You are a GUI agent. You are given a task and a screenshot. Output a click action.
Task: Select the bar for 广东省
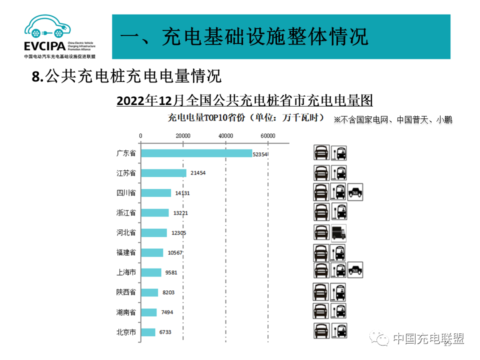pyautogui.click(x=196, y=153)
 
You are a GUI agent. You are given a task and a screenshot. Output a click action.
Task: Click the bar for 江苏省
pyautogui.click(x=163, y=173)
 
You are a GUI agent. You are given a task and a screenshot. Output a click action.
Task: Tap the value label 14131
pyautogui.click(x=182, y=193)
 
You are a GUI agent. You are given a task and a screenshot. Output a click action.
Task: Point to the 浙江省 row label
pyautogui.click(x=126, y=212)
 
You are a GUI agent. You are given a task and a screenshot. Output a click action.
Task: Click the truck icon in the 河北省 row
pyautogui.click(x=338, y=232)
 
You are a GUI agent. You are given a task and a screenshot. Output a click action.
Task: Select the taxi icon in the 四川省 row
pyautogui.click(x=355, y=191)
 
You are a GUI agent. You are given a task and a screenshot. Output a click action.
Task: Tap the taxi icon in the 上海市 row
pyautogui.click(x=355, y=270)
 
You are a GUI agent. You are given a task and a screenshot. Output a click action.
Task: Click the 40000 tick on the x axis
pyautogui.click(x=226, y=136)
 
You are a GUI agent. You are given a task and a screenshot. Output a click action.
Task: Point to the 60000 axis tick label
pyautogui.click(x=268, y=136)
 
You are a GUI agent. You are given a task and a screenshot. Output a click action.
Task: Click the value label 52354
pyautogui.click(x=260, y=154)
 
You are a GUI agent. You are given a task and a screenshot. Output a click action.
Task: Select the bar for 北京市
pyautogui.click(x=148, y=332)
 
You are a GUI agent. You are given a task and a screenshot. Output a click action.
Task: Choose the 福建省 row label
pyautogui.click(x=126, y=252)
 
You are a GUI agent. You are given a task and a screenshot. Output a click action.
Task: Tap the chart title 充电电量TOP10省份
pyautogui.click(x=245, y=118)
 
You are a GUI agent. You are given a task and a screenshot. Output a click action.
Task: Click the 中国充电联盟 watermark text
pyautogui.click(x=428, y=338)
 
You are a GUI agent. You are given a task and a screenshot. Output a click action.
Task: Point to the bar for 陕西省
pyautogui.click(x=149, y=292)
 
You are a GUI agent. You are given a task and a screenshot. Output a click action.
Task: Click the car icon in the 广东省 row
pyautogui.click(x=321, y=152)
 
